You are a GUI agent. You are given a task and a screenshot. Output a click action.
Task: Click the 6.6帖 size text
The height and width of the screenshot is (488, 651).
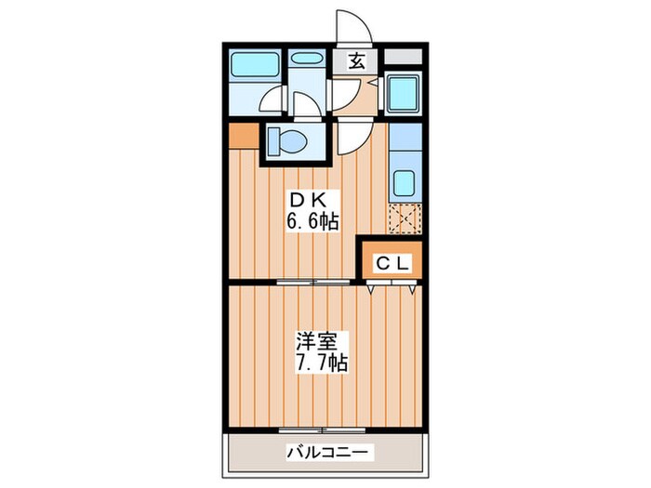[312, 221]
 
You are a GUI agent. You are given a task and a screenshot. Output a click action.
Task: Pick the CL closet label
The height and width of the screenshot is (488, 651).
[392, 263]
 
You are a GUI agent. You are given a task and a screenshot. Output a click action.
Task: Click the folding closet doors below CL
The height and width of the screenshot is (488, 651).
[392, 288]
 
